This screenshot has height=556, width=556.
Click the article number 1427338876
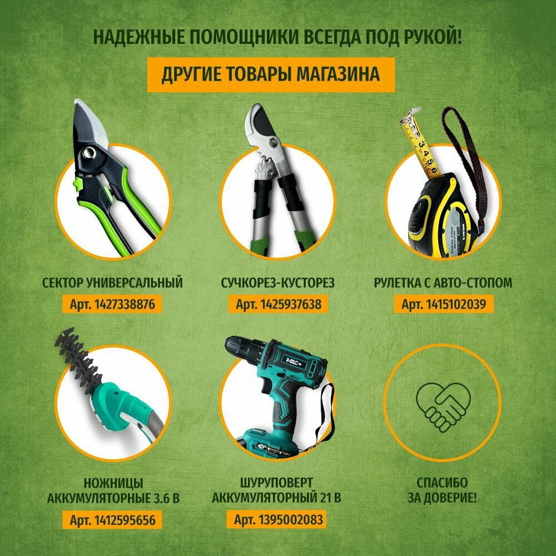112,304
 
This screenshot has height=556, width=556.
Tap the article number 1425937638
278,304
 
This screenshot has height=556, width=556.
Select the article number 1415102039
443,304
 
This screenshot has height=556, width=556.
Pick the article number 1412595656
112,520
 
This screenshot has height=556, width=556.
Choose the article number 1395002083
278,519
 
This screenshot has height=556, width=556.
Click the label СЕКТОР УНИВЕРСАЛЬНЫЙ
112,283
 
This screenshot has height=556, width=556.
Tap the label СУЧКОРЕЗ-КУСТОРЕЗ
277,283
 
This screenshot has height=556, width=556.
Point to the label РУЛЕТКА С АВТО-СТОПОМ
443,283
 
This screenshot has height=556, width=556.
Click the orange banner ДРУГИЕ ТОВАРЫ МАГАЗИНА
271,75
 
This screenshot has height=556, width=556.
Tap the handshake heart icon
443,407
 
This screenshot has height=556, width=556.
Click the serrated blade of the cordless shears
79,359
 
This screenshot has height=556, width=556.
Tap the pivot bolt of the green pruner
90,153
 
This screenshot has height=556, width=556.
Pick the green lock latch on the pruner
77,185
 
